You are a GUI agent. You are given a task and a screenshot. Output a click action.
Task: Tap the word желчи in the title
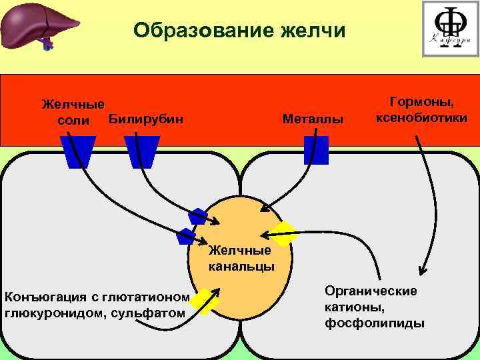[x=313, y=31]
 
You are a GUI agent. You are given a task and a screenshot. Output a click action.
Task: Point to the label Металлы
[x=313, y=120]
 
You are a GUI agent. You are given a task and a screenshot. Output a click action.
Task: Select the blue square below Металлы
[x=316, y=150]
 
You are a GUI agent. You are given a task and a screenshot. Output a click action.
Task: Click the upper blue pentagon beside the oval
[x=198, y=216]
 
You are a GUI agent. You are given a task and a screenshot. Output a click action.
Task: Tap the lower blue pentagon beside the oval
[x=185, y=236]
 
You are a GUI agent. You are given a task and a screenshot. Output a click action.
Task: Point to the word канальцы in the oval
[x=241, y=267]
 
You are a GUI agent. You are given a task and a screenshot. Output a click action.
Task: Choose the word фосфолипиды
[x=375, y=323]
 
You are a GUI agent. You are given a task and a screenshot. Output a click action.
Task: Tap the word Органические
[x=371, y=291]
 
